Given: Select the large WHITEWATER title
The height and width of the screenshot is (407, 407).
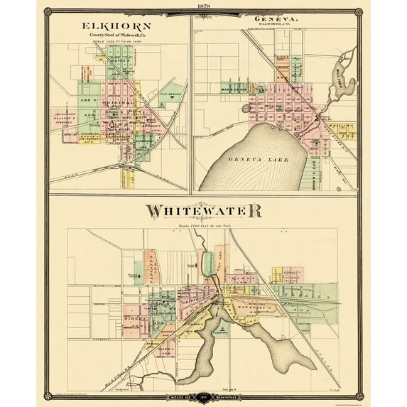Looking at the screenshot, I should (204, 211).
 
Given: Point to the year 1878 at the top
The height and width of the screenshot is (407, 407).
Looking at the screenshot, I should (204, 6).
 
